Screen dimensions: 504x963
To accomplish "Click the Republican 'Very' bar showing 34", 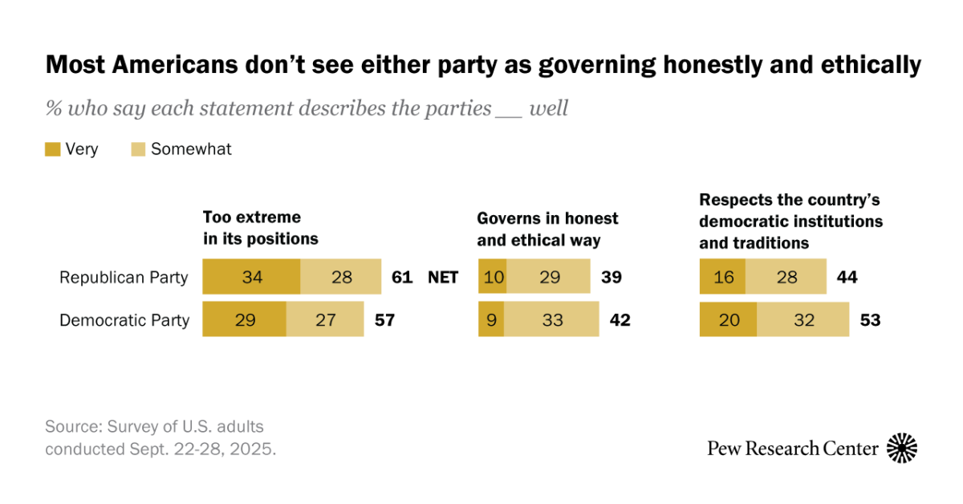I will click(251, 277).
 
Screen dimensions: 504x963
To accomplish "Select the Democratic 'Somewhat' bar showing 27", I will click(325, 319).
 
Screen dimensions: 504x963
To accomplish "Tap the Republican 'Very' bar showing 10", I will click(490, 277).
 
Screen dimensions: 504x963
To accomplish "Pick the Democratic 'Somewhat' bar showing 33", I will click(551, 319).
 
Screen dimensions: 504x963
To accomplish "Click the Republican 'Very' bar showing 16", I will click(722, 277).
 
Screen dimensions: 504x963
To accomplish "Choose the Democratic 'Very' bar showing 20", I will click(728, 319).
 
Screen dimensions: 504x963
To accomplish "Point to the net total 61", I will click(401, 277).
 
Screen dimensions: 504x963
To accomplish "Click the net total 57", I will click(385, 320).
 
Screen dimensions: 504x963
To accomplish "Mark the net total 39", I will click(612, 277).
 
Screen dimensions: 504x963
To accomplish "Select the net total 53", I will click(870, 320).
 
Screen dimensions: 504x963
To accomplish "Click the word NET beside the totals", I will click(443, 277).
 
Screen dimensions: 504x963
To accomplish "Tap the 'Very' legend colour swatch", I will click(52, 149).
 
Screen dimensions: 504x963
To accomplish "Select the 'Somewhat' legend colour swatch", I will click(138, 149).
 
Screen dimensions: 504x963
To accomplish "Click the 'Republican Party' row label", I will click(124, 278).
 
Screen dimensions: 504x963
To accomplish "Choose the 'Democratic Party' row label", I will click(124, 320).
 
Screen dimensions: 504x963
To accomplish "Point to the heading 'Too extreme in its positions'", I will click(260, 228).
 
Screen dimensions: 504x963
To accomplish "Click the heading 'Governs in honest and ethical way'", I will click(547, 229).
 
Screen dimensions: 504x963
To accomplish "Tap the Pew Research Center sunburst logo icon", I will click(902, 448).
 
